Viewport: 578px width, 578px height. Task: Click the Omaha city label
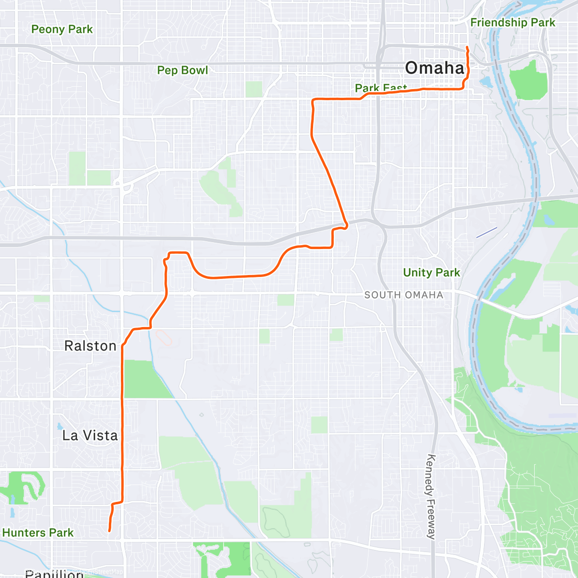(x=434, y=68)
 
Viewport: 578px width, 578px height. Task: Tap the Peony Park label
(x=62, y=29)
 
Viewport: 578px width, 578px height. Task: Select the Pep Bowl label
(x=183, y=70)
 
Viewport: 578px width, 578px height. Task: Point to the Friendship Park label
(x=512, y=23)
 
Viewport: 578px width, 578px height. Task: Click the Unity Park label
(x=431, y=273)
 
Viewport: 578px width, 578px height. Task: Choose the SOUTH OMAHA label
(x=404, y=295)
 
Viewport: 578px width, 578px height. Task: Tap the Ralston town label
(x=90, y=346)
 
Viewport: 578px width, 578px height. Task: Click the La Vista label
(x=90, y=435)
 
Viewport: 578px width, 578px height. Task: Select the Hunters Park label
(x=38, y=533)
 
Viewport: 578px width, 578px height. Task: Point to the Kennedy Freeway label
(x=431, y=496)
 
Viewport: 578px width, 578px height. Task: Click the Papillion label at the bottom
(x=54, y=573)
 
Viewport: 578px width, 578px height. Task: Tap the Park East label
(x=381, y=88)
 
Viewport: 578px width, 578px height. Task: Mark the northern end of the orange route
(x=467, y=47)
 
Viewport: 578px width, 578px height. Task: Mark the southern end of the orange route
(x=109, y=531)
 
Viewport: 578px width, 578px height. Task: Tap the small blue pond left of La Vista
(x=59, y=427)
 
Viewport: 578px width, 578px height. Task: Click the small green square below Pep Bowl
(x=254, y=89)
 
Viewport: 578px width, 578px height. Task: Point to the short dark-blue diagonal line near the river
(x=486, y=232)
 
